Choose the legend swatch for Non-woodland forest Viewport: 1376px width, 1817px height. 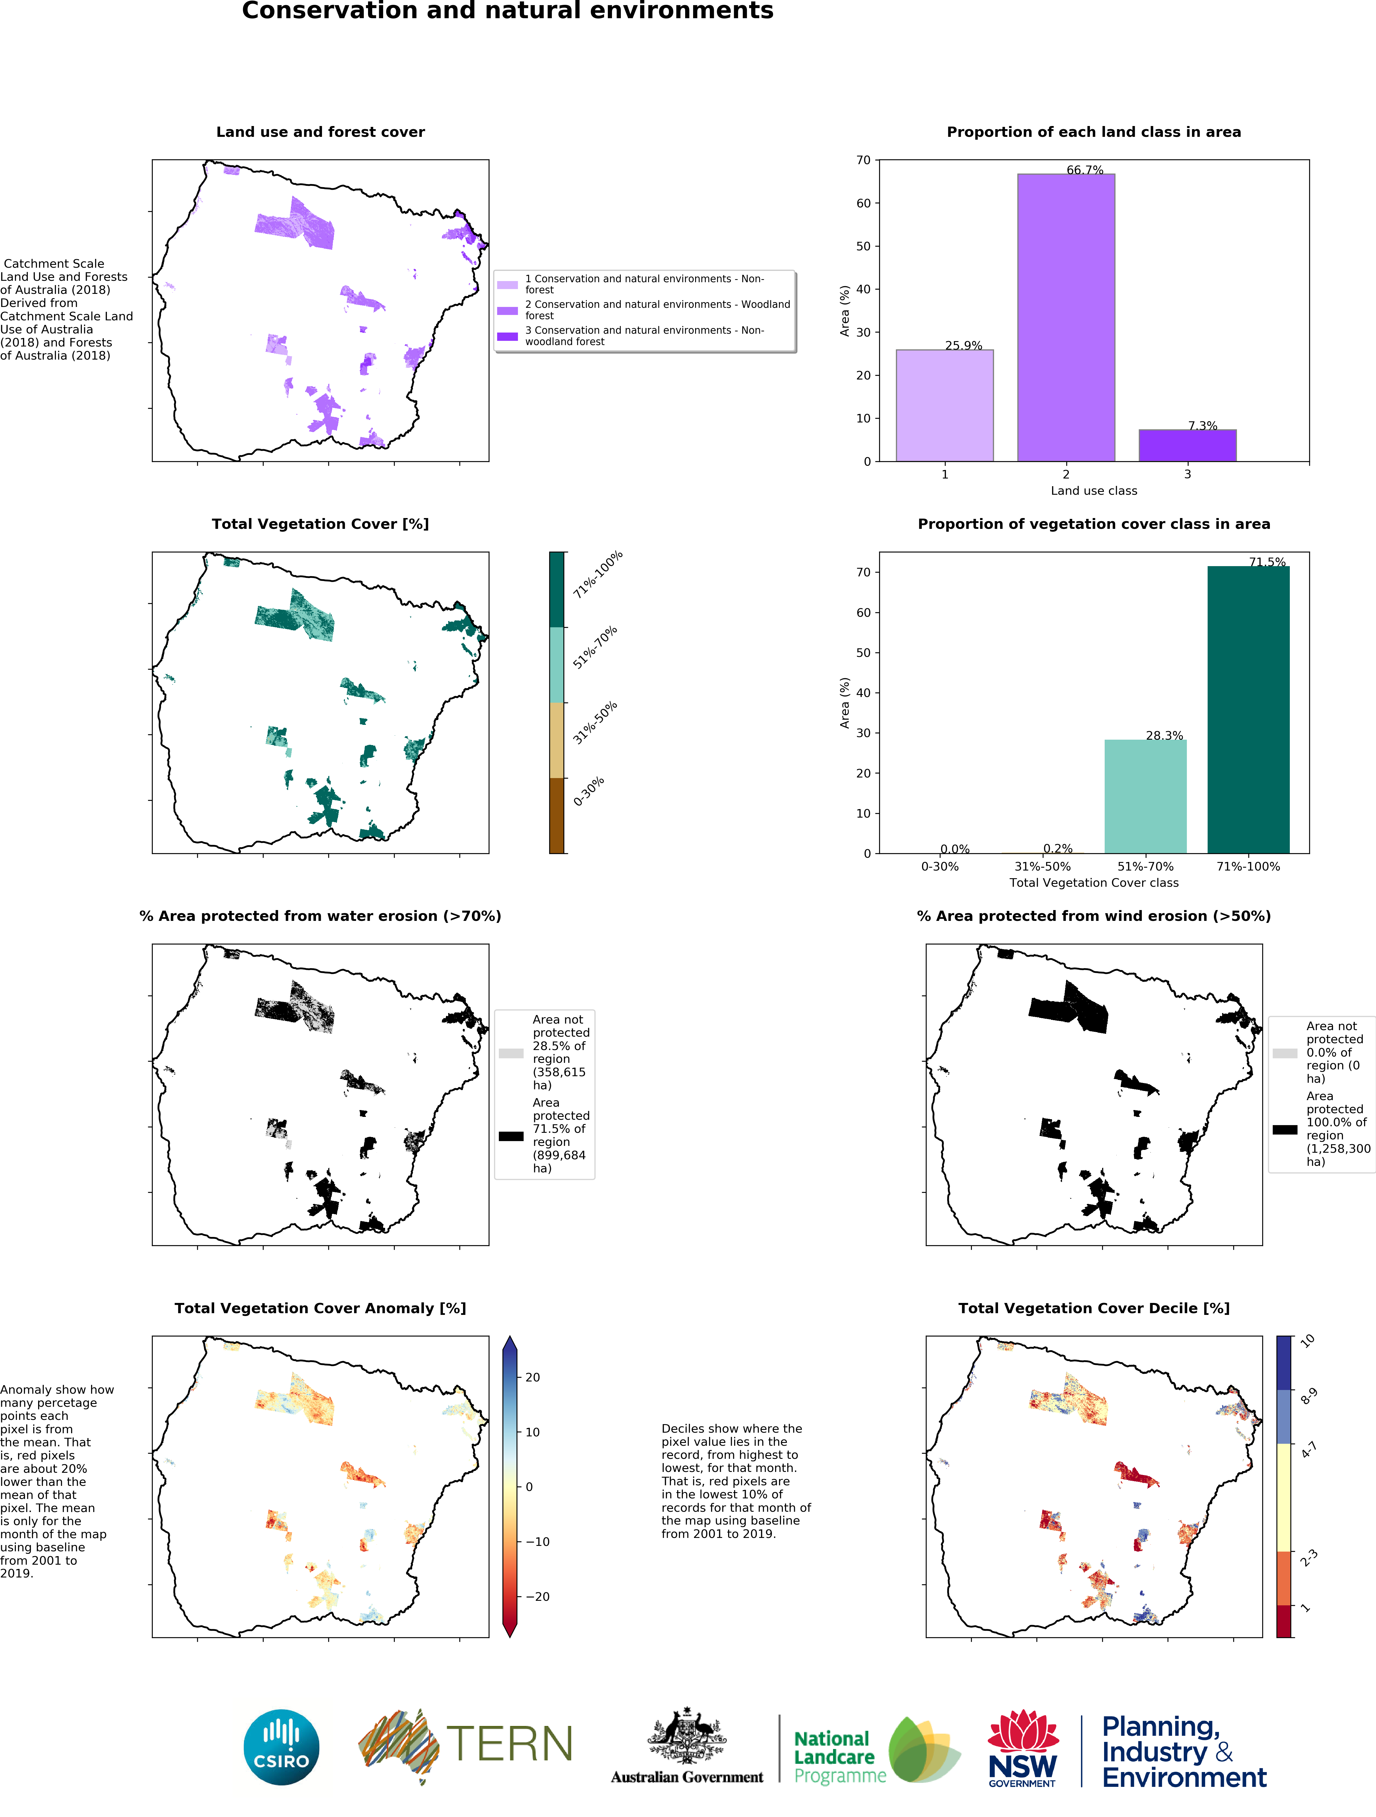507,336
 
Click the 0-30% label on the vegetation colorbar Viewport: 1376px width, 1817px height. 589,791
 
